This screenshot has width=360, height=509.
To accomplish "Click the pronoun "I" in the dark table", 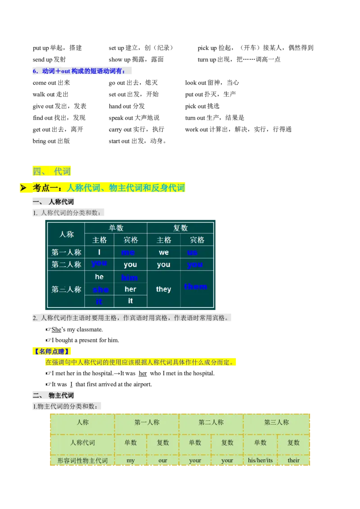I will (x=99, y=252).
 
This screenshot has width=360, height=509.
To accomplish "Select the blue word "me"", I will (x=128, y=252).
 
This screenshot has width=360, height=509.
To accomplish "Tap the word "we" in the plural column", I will (x=164, y=252).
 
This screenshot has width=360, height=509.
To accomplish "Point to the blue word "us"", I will (x=193, y=252).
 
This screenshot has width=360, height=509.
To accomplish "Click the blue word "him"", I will (x=129, y=277).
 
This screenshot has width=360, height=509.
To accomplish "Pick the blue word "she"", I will (x=100, y=290).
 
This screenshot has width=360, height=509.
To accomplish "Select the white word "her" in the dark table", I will (x=130, y=289).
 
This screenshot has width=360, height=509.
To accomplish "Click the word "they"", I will (x=163, y=289).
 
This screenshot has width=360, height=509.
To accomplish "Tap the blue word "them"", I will (x=196, y=286).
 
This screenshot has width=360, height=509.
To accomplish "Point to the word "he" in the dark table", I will (x=99, y=277).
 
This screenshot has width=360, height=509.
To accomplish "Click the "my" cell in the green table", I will (x=130, y=460).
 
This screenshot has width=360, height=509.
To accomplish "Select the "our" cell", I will (x=163, y=460).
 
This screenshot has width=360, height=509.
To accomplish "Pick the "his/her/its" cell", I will (x=260, y=460).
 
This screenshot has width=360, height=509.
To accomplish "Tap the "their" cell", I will (x=293, y=460).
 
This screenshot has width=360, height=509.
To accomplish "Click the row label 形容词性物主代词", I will (x=82, y=460).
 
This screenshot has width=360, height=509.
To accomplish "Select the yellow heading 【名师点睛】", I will (x=52, y=351).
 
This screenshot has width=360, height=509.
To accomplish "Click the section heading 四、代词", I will (x=52, y=171).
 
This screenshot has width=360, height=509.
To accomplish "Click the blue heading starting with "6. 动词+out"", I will (x=82, y=71).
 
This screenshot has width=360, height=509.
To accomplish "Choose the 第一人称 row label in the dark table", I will (x=66, y=252).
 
